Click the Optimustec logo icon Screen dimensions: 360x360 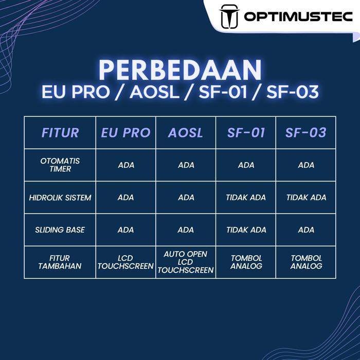(229, 16)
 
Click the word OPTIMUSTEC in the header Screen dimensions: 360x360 (298, 17)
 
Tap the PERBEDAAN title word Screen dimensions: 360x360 (180, 69)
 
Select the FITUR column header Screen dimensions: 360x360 (60, 133)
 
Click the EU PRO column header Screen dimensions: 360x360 (125, 133)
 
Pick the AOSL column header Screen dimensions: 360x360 (186, 133)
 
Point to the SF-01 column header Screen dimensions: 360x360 (246, 133)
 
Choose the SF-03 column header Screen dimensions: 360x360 (306, 133)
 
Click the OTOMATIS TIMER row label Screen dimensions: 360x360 (60, 165)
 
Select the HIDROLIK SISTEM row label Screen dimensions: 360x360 (60, 197)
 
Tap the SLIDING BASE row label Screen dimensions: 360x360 (60, 230)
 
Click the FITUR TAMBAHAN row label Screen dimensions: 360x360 (60, 262)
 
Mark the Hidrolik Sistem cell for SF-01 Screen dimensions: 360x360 (246, 197)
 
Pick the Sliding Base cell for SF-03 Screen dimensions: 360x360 (306, 230)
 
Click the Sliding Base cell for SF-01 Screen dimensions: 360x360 (246, 230)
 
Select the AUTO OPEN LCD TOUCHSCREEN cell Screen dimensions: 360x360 (186, 262)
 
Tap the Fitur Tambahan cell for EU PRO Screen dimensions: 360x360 (125, 262)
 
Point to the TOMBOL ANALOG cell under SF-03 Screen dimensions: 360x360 (306, 262)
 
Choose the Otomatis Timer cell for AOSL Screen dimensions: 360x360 (186, 165)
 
